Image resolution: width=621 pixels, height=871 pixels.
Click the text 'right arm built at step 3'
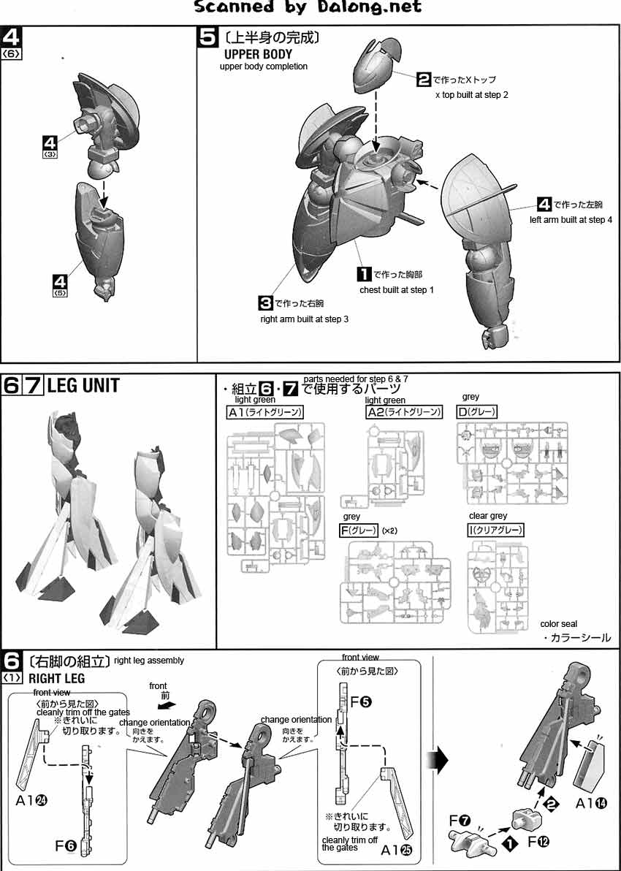coord(305,319)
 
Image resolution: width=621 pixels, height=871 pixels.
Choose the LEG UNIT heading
coord(83,385)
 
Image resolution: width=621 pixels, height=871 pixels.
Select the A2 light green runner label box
coord(404,412)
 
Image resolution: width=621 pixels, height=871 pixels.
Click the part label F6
coord(66,845)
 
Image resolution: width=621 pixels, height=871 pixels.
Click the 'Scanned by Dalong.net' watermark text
coord(308,7)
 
